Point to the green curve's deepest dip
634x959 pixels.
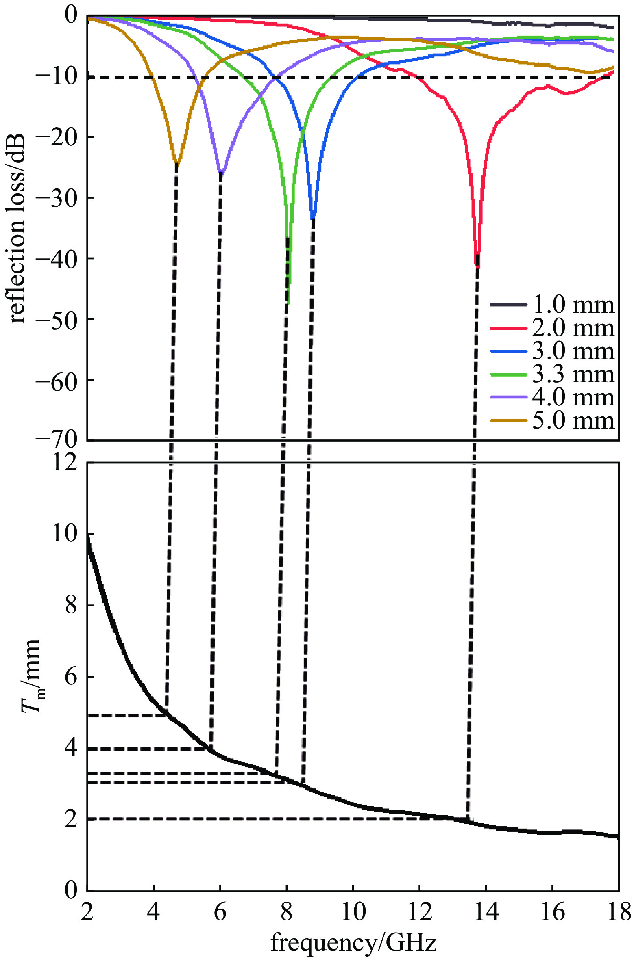tap(288, 303)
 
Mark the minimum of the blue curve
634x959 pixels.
tap(312, 218)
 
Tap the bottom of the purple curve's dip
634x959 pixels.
tap(221, 173)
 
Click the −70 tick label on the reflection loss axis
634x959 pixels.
tap(56, 439)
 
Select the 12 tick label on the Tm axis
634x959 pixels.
tap(64, 462)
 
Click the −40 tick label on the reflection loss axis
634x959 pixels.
tap(56, 258)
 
